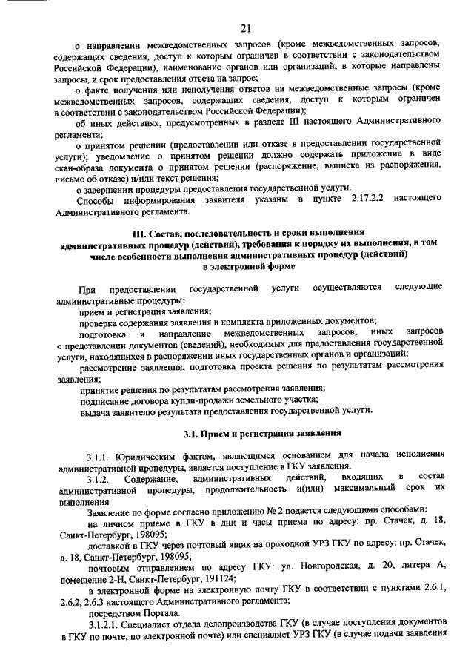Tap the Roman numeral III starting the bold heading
tap(137, 233)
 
